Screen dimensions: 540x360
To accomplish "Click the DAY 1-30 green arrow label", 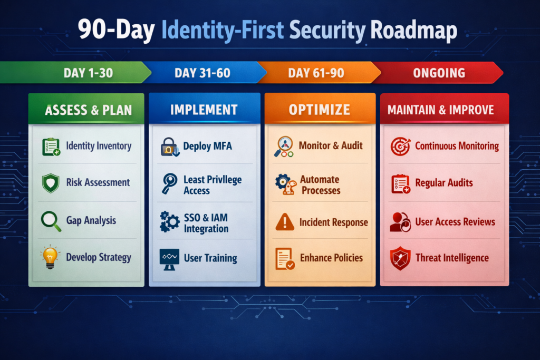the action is coord(88,73).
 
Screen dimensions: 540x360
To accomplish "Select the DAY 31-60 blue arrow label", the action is coord(202,73).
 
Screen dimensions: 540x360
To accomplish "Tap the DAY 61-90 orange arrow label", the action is coord(316,73).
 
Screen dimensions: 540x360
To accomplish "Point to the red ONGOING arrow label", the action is coord(439,73).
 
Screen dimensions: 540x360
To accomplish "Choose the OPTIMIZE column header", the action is coord(320,110).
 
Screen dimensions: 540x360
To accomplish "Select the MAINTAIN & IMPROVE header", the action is coord(441,110).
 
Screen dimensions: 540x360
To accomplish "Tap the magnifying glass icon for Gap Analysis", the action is coord(51,220).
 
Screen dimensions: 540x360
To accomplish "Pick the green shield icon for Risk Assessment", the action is coord(51,183).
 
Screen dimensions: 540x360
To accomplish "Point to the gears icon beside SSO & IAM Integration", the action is coord(170,222).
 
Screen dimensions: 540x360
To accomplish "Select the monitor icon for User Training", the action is coord(170,259).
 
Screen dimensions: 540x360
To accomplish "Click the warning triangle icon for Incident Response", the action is coord(285,222).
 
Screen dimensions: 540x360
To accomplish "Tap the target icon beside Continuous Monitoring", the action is coord(400,147).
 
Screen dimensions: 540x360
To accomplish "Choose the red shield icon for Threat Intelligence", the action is coord(400,259).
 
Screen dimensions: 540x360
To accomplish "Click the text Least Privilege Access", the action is coord(212,185).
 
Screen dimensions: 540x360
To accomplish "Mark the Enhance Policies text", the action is coord(331,258).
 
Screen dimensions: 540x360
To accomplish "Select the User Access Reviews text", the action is coord(455,221).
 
